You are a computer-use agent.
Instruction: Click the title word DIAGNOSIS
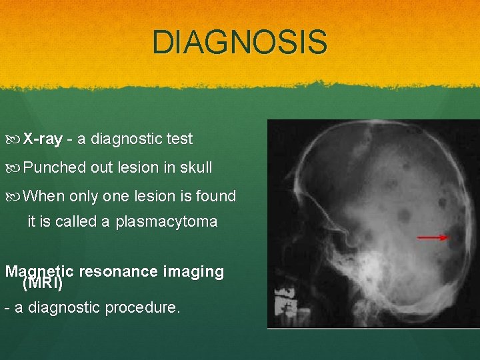click(x=240, y=42)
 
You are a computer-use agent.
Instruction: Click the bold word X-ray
click(x=43, y=139)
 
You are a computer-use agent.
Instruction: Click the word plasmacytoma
click(x=166, y=222)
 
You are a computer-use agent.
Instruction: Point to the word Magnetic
click(x=39, y=271)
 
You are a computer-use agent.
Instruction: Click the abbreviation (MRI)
click(x=43, y=283)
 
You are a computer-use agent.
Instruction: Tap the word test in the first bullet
click(x=179, y=139)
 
